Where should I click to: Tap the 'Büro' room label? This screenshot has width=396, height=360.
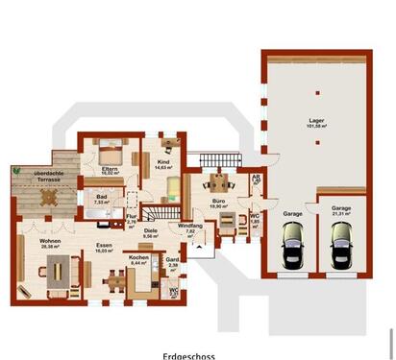[218, 199]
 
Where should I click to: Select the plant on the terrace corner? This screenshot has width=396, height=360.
[16, 170]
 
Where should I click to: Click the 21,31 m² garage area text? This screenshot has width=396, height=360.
[341, 214]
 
